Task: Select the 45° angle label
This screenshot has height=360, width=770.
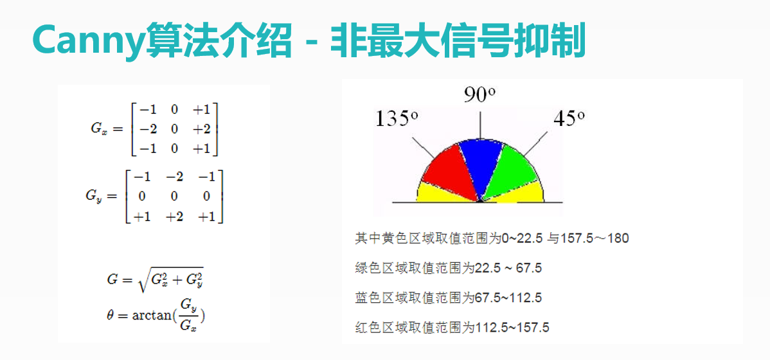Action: click(568, 118)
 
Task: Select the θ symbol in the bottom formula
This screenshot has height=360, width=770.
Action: click(110, 315)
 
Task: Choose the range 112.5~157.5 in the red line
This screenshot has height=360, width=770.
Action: click(512, 327)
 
